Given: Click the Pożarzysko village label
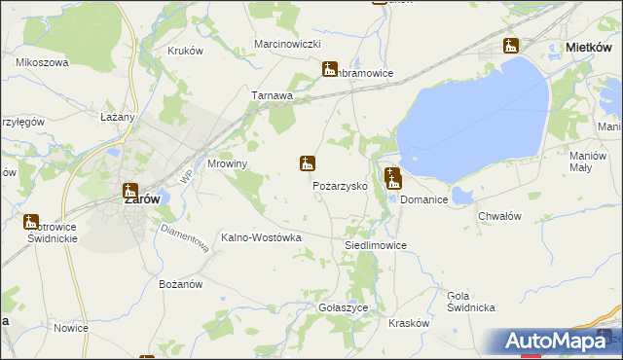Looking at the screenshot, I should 339,185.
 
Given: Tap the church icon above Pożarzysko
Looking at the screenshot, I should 307,164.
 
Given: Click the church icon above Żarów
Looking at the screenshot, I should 129,191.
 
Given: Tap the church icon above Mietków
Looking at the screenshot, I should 511,46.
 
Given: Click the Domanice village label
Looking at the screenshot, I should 423,199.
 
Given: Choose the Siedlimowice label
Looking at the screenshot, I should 376,246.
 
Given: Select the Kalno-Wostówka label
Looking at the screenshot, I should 262,237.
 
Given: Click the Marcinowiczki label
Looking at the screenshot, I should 287,45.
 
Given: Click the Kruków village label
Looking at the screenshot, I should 184,51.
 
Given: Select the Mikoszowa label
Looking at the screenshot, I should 41,62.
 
